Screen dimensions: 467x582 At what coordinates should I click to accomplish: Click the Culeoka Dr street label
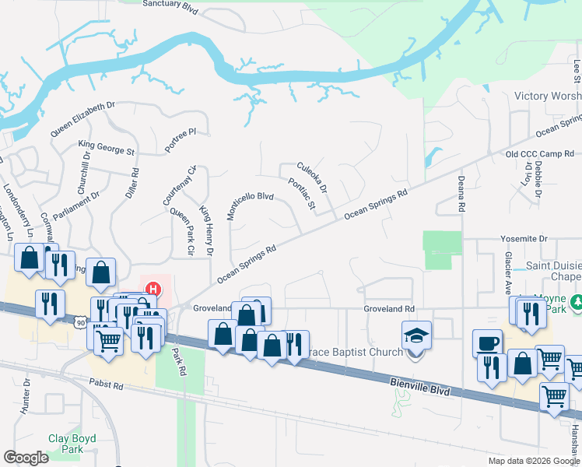312,177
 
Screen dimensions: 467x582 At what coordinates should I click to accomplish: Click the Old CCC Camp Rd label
539,154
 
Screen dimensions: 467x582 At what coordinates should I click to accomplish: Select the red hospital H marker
153,289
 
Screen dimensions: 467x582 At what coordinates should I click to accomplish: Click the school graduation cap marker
415,335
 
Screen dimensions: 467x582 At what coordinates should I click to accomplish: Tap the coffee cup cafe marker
489,343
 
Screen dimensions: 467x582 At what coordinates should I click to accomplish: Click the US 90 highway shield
81,321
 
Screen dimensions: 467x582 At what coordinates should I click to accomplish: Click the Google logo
26,457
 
